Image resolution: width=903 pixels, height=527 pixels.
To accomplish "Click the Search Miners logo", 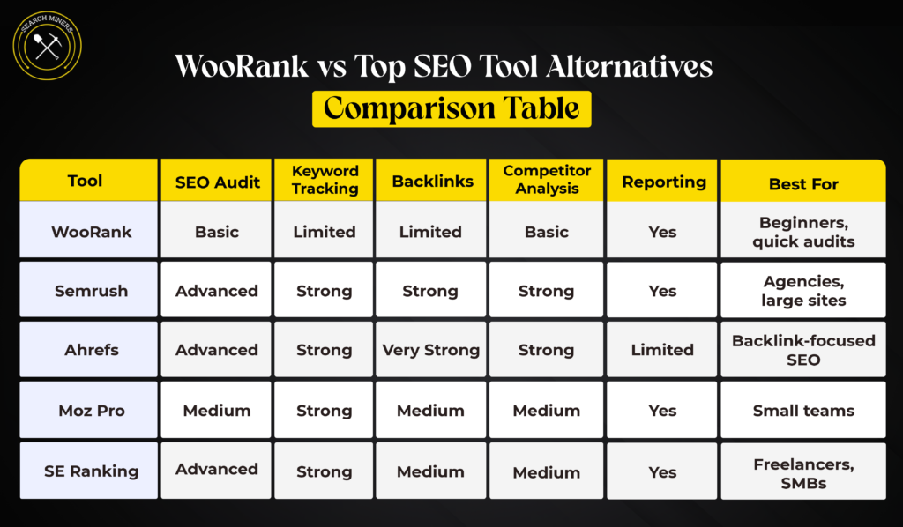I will [x=47, y=45].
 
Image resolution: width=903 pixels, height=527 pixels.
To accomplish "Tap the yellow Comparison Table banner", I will [x=451, y=108].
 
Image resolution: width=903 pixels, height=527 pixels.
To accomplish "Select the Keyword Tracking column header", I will [x=325, y=180].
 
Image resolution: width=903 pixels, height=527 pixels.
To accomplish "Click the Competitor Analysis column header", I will [x=547, y=180].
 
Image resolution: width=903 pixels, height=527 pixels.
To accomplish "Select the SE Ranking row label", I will [x=91, y=471].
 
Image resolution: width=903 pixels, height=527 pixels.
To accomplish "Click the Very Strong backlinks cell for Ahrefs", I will [x=430, y=350].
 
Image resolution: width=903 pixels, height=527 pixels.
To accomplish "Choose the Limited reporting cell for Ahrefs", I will [x=662, y=350].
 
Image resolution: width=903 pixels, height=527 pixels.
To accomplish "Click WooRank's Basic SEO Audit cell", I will [x=217, y=232].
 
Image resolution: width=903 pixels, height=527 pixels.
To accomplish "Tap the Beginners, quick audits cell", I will [x=803, y=232].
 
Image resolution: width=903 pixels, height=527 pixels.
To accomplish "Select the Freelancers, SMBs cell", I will [x=803, y=471].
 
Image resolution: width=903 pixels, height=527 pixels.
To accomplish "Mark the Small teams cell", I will [x=803, y=411].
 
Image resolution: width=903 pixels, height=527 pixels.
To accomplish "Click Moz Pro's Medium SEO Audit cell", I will [x=217, y=411].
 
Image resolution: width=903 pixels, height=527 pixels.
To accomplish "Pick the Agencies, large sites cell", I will [x=803, y=291].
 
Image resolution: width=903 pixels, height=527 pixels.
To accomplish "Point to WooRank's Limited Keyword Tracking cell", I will [x=325, y=232].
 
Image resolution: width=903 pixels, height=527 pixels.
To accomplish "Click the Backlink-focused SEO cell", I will [x=803, y=350].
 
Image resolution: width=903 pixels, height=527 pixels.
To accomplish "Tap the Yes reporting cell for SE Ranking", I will [x=662, y=472].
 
